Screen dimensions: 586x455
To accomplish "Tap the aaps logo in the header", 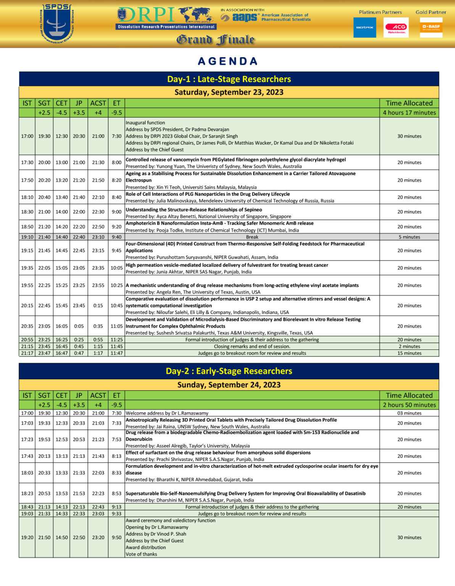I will pos(240,18).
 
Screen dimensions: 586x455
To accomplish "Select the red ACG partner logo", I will pos(396,27).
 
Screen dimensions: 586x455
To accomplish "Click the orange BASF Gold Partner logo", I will pos(431,27).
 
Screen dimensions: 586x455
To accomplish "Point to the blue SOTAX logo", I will pos(365,27).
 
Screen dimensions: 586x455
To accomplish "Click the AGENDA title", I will pos(228,61).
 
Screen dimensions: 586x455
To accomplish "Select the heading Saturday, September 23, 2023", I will pos(229,92).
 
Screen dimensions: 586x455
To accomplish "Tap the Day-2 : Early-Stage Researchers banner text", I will pos(229,371).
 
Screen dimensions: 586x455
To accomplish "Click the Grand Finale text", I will pos(215,40).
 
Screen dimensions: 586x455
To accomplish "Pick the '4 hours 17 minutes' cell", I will pos(409,113).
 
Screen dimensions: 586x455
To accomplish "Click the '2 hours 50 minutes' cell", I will pos(409,405).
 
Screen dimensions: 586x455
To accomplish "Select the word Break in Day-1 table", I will pos(252,237).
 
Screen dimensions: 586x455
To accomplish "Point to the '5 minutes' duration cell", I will pos(409,237).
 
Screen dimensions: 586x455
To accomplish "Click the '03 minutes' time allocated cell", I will pos(409,413).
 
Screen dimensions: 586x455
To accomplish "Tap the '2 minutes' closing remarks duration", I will pos(409,346).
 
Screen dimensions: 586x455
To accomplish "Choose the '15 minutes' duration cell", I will pos(409,353).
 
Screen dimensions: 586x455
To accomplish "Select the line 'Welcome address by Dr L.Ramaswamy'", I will pos(167,413).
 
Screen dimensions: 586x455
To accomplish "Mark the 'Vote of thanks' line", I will pos(141,554).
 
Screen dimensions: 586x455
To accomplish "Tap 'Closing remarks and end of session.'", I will pos(252,346).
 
